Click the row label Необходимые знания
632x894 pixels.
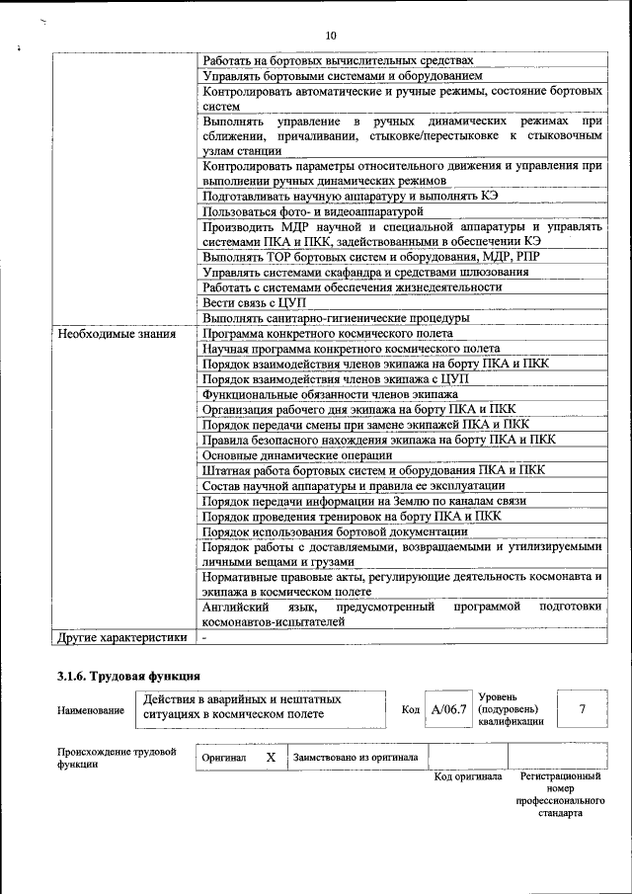117,334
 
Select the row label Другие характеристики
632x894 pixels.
121,637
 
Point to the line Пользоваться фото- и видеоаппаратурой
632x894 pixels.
312,211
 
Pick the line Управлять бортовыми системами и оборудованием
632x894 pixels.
342,75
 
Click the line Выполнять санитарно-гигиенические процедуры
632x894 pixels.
336,318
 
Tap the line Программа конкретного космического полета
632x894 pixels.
314,334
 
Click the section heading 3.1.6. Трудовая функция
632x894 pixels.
128,677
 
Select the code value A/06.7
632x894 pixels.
449,709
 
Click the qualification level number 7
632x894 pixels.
582,709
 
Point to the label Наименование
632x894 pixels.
91,710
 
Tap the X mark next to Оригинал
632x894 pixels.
270,758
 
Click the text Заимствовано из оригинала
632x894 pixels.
355,758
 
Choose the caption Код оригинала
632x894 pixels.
469,776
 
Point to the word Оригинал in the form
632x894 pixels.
223,758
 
